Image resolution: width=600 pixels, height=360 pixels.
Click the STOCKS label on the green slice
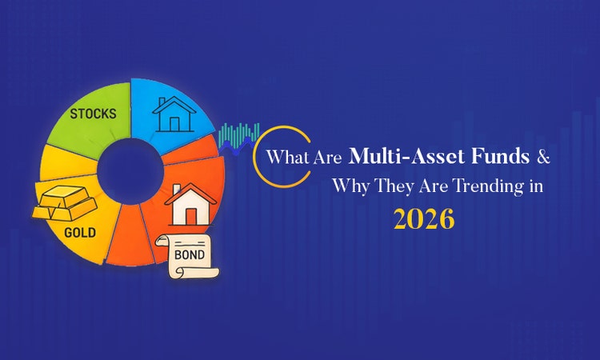coord(93,113)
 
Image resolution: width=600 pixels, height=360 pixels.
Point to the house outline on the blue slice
coord(173,114)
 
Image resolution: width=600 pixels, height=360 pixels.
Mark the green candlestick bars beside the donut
coord(240,134)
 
